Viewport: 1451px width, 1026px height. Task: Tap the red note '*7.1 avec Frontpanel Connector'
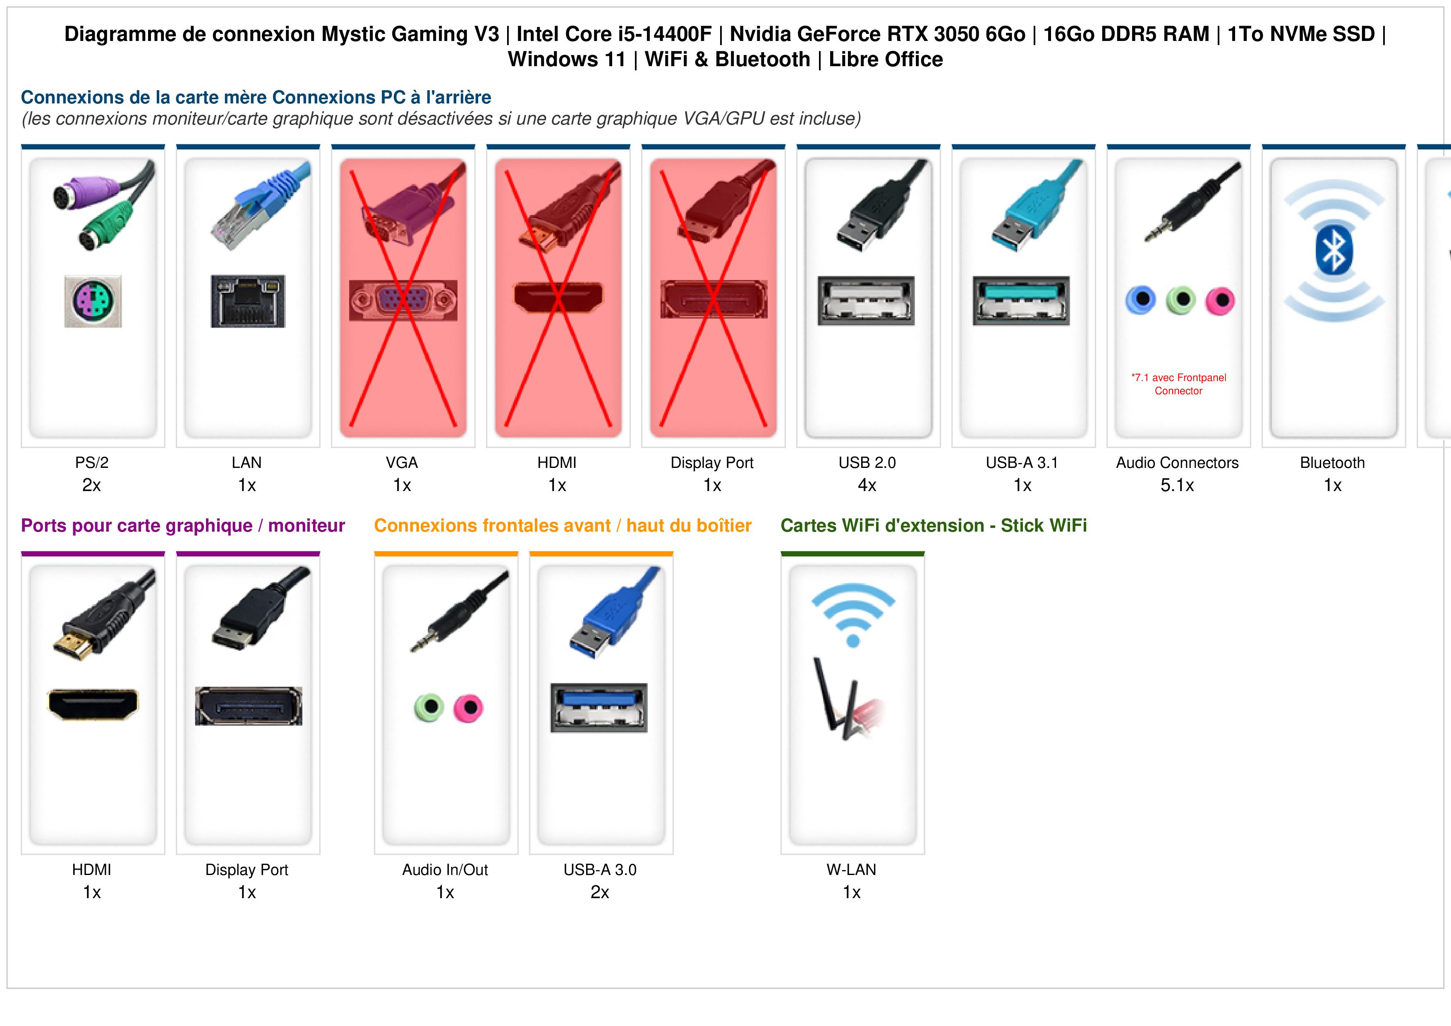point(1178,384)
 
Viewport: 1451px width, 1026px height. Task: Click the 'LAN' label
point(247,463)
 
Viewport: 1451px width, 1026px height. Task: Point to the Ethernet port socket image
point(248,301)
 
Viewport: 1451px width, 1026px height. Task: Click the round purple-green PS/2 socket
point(93,301)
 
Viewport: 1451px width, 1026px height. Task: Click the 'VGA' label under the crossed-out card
point(402,463)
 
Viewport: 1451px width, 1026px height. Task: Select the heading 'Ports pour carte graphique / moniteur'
point(183,525)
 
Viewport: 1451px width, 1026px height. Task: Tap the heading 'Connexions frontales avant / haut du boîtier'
point(563,525)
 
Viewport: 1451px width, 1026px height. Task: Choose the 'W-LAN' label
point(851,870)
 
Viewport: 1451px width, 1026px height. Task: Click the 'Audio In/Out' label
point(445,870)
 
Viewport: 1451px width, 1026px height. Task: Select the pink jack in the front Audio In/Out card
point(468,707)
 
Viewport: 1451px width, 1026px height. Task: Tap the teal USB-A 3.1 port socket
point(1021,300)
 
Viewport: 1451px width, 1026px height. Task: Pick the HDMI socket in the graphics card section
point(93,704)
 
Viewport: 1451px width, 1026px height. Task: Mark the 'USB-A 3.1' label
point(1022,463)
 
